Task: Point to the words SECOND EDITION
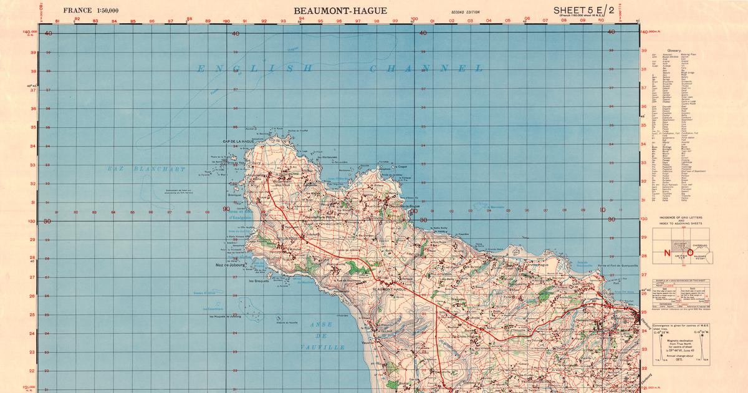pyautogui.click(x=465, y=12)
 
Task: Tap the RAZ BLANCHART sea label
pyautogui.click(x=146, y=169)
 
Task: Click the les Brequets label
pyautogui.click(x=259, y=280)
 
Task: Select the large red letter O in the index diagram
pyautogui.click(x=690, y=253)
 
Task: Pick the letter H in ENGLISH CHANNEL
pyautogui.click(x=310, y=69)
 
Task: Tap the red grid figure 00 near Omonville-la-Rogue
pyautogui.click(x=413, y=211)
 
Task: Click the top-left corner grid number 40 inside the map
pyautogui.click(x=49, y=34)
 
